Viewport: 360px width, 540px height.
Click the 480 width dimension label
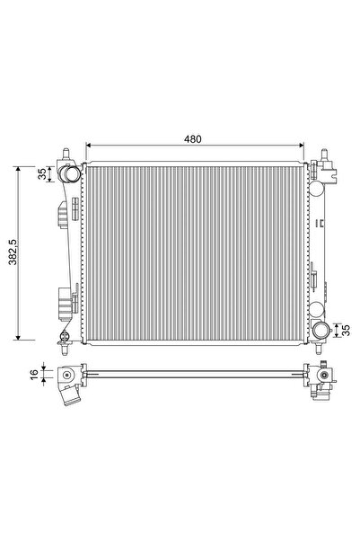click(x=193, y=138)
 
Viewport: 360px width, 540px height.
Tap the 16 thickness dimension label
click(x=34, y=374)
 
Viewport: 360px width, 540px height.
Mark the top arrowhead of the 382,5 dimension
click(x=18, y=168)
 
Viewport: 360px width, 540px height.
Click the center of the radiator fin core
click(x=193, y=252)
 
